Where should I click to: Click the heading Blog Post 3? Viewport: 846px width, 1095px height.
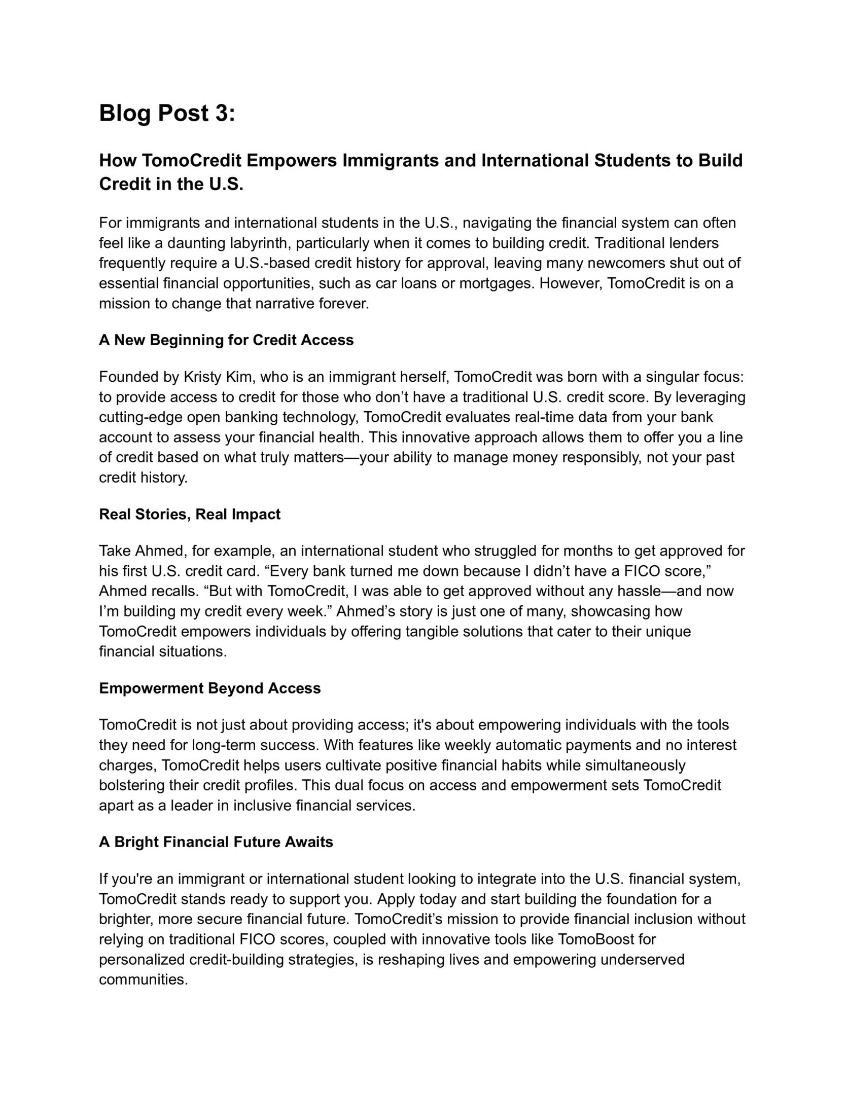(x=167, y=113)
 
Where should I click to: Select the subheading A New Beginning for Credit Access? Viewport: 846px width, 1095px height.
(x=226, y=340)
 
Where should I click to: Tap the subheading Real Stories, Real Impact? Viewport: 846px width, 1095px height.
(x=189, y=514)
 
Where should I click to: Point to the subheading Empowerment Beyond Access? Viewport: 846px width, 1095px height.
(x=209, y=688)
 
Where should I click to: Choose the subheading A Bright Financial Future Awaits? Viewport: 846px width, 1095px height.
(x=216, y=842)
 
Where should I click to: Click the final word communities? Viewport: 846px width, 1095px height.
(x=143, y=979)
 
